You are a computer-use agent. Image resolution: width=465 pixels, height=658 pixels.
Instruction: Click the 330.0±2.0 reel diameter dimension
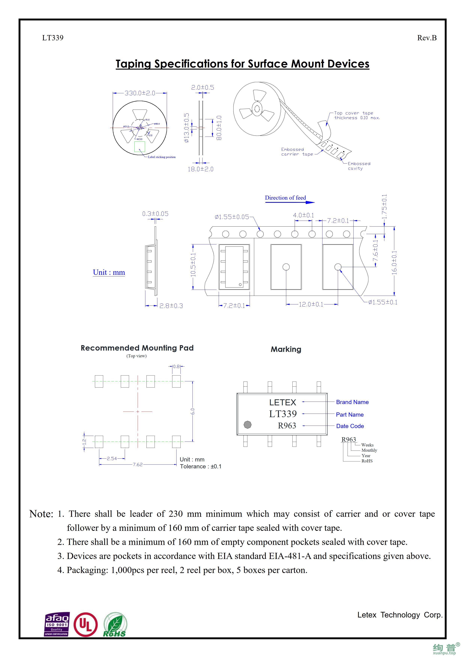click(140, 93)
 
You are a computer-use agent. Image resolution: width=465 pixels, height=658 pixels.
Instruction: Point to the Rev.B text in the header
click(427, 38)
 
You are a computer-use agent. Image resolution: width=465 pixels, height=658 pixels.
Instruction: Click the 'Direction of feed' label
click(285, 198)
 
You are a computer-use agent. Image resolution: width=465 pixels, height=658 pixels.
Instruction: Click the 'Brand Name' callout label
click(352, 402)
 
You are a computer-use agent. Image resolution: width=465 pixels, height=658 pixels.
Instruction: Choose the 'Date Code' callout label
click(350, 426)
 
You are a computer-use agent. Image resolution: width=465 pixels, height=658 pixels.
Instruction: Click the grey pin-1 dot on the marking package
click(248, 424)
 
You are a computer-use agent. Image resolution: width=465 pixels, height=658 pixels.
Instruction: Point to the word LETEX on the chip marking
click(282, 402)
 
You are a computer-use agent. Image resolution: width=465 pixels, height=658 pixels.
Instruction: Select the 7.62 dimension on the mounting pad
click(137, 465)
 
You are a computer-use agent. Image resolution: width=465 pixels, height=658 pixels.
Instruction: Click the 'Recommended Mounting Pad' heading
click(137, 348)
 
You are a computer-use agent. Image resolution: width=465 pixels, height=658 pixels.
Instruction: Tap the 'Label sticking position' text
click(162, 157)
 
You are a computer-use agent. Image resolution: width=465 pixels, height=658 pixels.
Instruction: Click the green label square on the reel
click(140, 146)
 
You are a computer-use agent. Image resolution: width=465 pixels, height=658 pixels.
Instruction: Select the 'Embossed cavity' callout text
click(359, 166)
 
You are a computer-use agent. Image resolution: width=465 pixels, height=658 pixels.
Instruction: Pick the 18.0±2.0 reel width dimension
click(201, 169)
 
